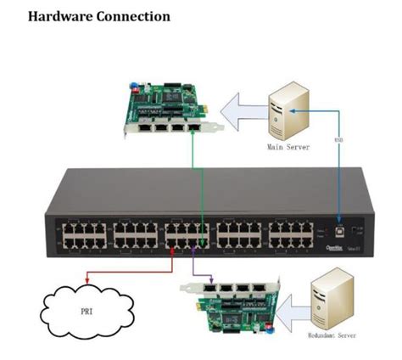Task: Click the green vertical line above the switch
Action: tap(193, 170)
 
